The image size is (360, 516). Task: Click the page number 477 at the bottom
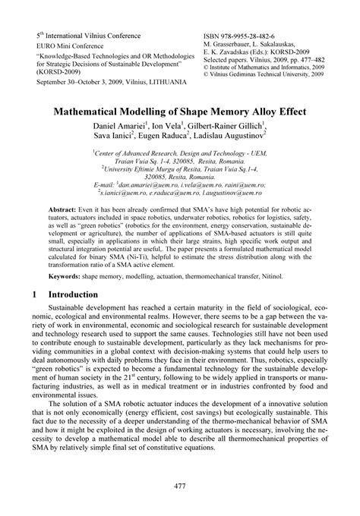(179, 486)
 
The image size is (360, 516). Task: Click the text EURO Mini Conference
(69, 46)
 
